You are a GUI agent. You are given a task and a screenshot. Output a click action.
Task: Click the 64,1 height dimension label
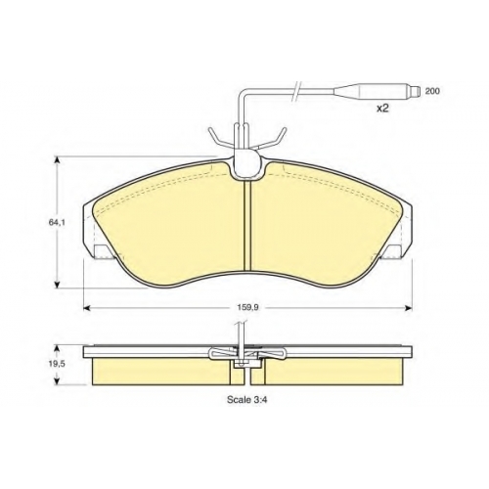pos(55,223)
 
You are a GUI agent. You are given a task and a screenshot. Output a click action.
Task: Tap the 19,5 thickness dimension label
pos(55,364)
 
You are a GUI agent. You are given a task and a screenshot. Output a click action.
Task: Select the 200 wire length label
pos(432,91)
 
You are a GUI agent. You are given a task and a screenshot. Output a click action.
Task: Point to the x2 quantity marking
pos(382,108)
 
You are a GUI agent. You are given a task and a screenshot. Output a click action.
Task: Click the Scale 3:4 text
pos(247,400)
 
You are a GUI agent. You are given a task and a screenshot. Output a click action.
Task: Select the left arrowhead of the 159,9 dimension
pos(87,307)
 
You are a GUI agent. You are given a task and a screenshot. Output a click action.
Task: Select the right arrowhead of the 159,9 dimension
pos(409,307)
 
